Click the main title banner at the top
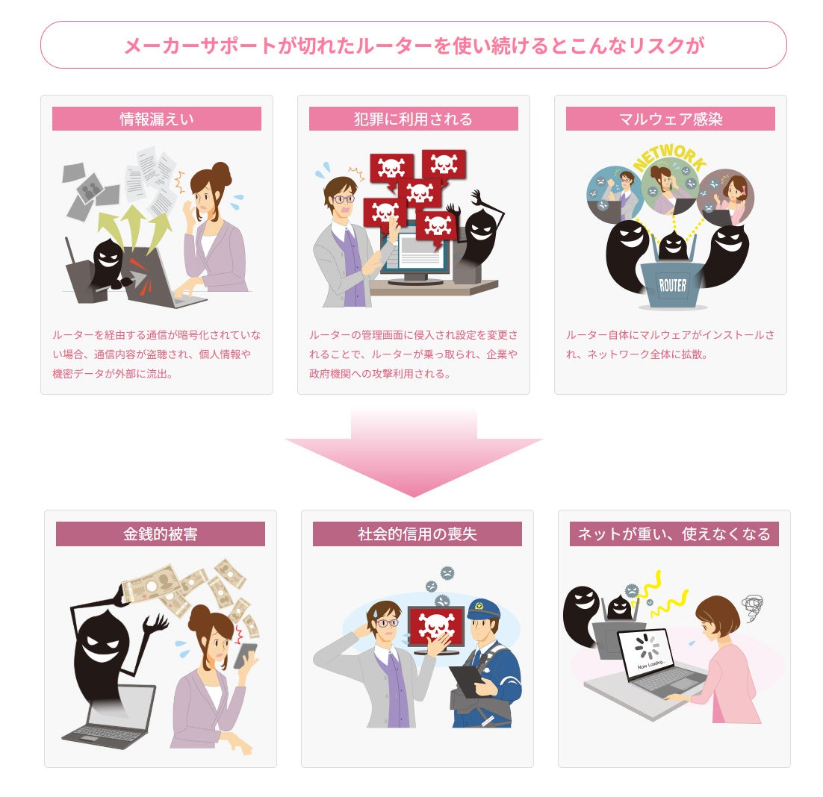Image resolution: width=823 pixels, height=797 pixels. point(413,46)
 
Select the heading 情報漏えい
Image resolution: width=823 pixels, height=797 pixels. point(157,119)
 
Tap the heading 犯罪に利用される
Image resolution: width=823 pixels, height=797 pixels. point(413,119)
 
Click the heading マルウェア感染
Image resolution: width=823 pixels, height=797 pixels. point(670,119)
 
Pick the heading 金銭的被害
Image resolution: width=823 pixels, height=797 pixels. point(161,534)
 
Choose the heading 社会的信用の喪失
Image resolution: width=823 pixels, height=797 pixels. point(417,534)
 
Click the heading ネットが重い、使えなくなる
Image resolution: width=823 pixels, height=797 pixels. point(674,534)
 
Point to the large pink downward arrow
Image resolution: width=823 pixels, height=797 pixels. point(413,455)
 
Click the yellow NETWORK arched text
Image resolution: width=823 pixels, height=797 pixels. point(669,156)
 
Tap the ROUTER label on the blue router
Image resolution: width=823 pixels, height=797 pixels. point(672,285)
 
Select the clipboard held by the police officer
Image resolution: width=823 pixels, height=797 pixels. point(468,679)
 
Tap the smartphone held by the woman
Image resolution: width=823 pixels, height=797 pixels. point(245,654)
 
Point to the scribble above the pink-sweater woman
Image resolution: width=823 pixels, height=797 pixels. point(750,603)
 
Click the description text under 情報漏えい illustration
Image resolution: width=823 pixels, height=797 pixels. point(157,354)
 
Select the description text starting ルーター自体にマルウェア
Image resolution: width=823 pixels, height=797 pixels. point(670,345)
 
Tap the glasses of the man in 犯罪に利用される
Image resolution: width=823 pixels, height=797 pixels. point(343,199)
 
